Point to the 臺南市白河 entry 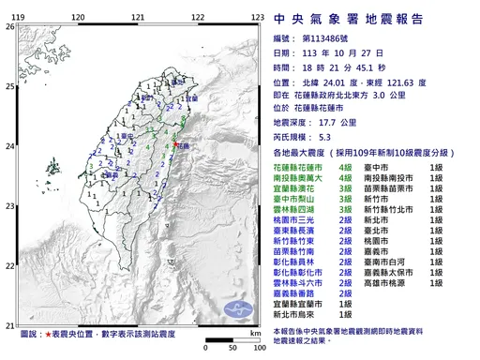coord(396,257)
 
